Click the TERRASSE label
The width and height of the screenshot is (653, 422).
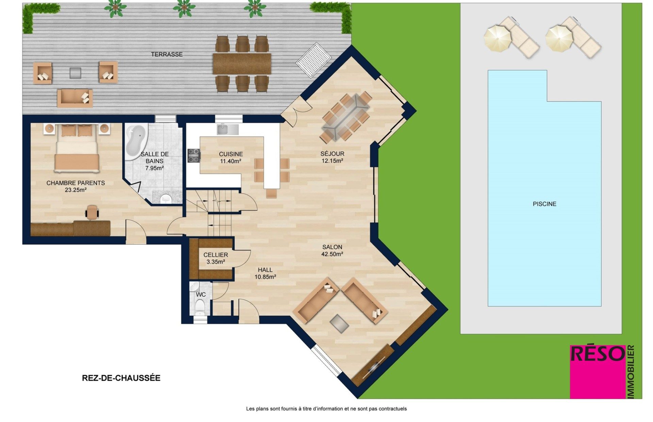(x=167, y=54)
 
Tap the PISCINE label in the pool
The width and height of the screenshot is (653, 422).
(x=545, y=204)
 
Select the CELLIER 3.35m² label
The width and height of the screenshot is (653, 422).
(x=216, y=258)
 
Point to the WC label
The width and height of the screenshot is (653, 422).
(x=201, y=294)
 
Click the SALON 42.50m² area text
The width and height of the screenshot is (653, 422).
(x=332, y=250)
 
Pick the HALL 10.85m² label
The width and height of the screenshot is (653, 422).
(x=265, y=273)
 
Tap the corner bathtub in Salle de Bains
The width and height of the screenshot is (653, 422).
(x=136, y=142)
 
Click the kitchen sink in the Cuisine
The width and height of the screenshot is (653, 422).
(x=228, y=129)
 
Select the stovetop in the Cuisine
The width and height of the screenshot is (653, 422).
(x=194, y=156)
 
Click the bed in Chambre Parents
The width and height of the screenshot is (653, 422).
(x=77, y=148)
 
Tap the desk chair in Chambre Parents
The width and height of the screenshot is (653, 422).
(x=92, y=212)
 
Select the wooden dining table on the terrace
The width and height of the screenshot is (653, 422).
(x=242, y=64)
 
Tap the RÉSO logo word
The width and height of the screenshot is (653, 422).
(x=598, y=354)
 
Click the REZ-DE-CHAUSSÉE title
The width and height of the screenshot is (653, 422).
(x=121, y=378)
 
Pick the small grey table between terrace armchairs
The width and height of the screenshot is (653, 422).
(x=76, y=73)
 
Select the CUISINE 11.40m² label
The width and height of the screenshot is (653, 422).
(x=231, y=158)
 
